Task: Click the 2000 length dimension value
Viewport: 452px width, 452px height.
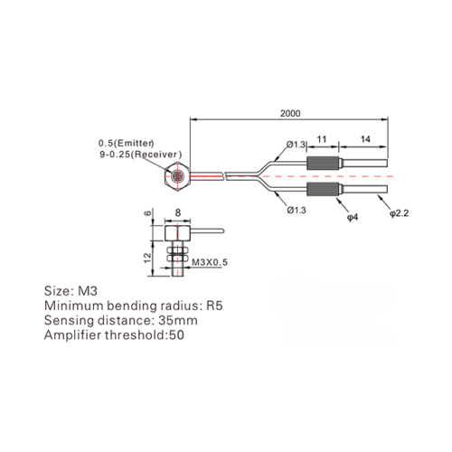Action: tap(290, 114)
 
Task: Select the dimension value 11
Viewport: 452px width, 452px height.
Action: tap(322, 139)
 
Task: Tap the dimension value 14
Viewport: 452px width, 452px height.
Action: tap(365, 139)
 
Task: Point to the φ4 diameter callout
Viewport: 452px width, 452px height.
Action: tap(353, 217)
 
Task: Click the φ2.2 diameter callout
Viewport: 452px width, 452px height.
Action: tap(399, 213)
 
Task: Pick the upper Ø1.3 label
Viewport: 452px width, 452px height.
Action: tap(296, 145)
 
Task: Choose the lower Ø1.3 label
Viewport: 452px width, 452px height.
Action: tap(297, 210)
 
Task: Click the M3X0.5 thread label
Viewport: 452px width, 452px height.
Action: tap(210, 262)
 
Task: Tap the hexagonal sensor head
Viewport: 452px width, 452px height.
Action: tap(177, 176)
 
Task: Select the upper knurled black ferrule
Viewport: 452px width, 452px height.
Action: tap(322, 164)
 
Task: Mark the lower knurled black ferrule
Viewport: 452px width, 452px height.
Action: tap(322, 189)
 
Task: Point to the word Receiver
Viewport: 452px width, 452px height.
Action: tap(156, 155)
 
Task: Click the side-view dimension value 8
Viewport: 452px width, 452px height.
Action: tap(178, 212)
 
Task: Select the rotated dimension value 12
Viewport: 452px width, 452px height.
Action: tap(147, 258)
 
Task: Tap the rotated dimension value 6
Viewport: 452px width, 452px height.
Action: tap(147, 213)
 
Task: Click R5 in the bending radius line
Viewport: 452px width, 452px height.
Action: tap(214, 306)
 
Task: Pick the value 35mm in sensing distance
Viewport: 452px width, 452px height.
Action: tap(178, 320)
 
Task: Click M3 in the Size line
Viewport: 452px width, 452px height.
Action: tap(88, 291)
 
